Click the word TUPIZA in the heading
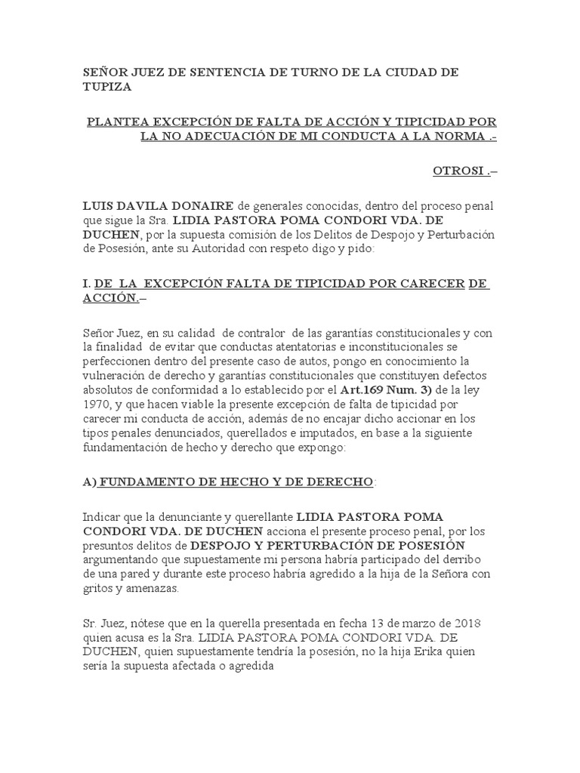pyautogui.click(x=107, y=87)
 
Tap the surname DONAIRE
pyautogui.click(x=201, y=206)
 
